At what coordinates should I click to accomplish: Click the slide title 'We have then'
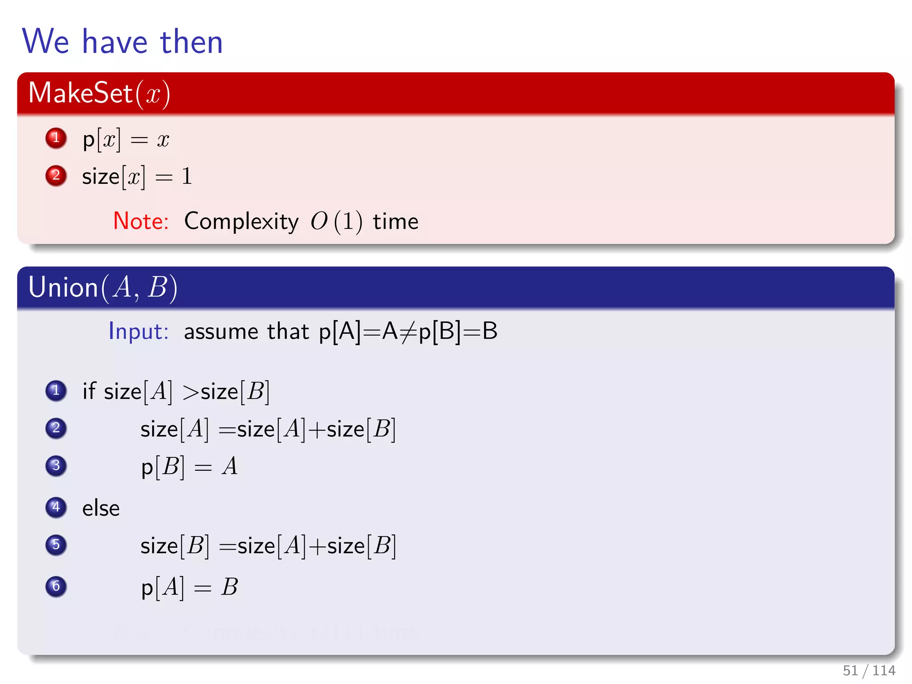click(x=122, y=41)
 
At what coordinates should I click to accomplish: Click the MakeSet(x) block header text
click(x=99, y=93)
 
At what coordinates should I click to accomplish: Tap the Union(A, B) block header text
click(x=103, y=287)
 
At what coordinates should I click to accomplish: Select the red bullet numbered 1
click(x=56, y=138)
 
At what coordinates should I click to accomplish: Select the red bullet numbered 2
click(x=56, y=175)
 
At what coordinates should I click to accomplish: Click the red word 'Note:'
click(x=141, y=221)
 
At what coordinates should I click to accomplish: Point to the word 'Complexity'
click(x=241, y=221)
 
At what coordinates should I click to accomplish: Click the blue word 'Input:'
click(x=138, y=331)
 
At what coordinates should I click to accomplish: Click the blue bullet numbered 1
click(x=56, y=391)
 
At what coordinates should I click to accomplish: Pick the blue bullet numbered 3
click(x=56, y=466)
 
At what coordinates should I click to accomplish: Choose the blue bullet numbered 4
click(x=56, y=508)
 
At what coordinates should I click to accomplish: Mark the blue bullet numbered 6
click(x=56, y=586)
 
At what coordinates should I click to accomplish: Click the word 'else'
click(x=101, y=509)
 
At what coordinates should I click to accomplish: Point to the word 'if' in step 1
click(x=89, y=391)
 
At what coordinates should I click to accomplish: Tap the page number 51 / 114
click(x=869, y=670)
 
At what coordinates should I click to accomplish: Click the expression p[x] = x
click(x=126, y=140)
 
